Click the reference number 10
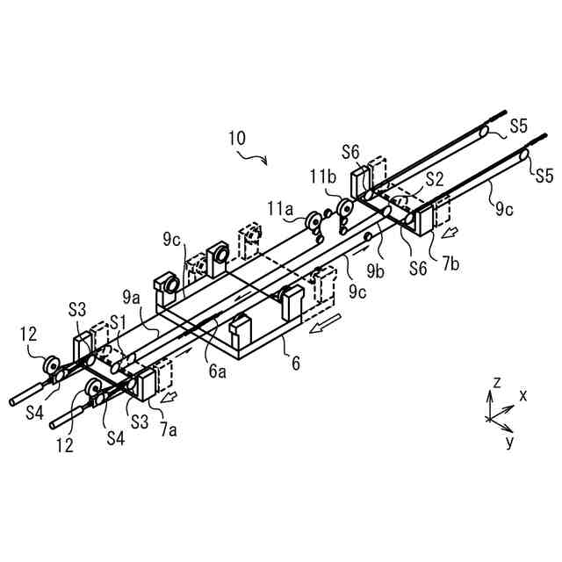click(237, 138)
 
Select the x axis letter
click(523, 396)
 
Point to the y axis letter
click(509, 442)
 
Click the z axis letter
click(496, 383)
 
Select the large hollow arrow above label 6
click(321, 328)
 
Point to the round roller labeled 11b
click(345, 209)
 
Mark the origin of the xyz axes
click(489, 419)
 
